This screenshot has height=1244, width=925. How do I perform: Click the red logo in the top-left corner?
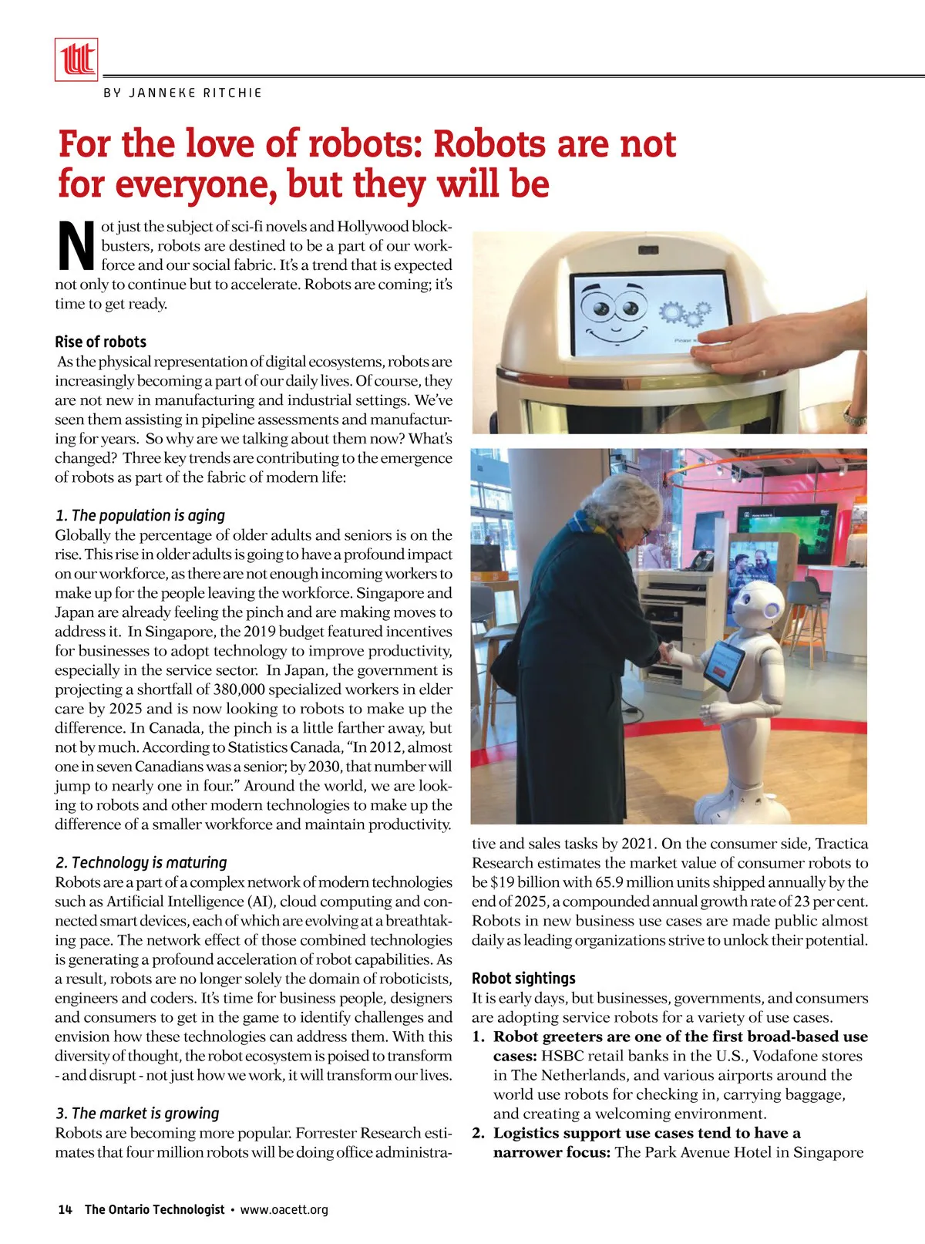[76, 59]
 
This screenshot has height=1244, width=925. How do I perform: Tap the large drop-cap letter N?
[76, 246]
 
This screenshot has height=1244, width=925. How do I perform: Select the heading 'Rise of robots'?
[100, 342]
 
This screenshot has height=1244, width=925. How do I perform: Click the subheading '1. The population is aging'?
[140, 515]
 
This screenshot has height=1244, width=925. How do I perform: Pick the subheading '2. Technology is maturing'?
[141, 862]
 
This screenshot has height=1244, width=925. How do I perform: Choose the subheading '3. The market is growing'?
[137, 1113]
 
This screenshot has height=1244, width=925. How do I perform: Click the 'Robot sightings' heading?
[523, 978]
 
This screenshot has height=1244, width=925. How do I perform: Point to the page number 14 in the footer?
[65, 1209]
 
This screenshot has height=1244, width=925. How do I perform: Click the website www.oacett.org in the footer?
[284, 1209]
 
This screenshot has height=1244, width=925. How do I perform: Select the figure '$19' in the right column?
[503, 882]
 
